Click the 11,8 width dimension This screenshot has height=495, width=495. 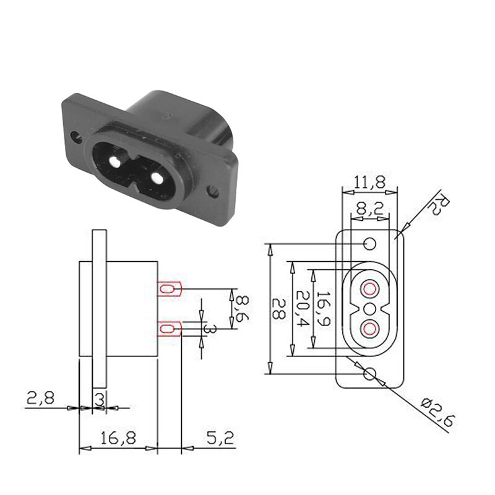click(369, 182)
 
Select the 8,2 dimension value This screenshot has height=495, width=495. click(369, 210)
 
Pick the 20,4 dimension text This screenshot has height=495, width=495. click(301, 309)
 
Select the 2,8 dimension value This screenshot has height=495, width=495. click(40, 397)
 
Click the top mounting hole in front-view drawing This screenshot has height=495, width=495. click(370, 244)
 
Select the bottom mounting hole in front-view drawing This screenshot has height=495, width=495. click(370, 373)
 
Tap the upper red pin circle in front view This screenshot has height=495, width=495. click(370, 289)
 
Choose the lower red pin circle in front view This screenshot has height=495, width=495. click(370, 328)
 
